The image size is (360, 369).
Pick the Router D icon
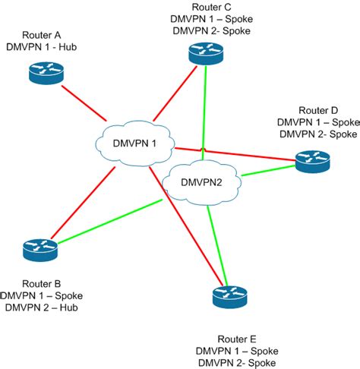[x=312, y=160]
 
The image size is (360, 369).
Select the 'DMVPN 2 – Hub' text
[x=42, y=307]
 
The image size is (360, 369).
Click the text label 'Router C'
[x=207, y=7]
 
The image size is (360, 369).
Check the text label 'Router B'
[x=36, y=283]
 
